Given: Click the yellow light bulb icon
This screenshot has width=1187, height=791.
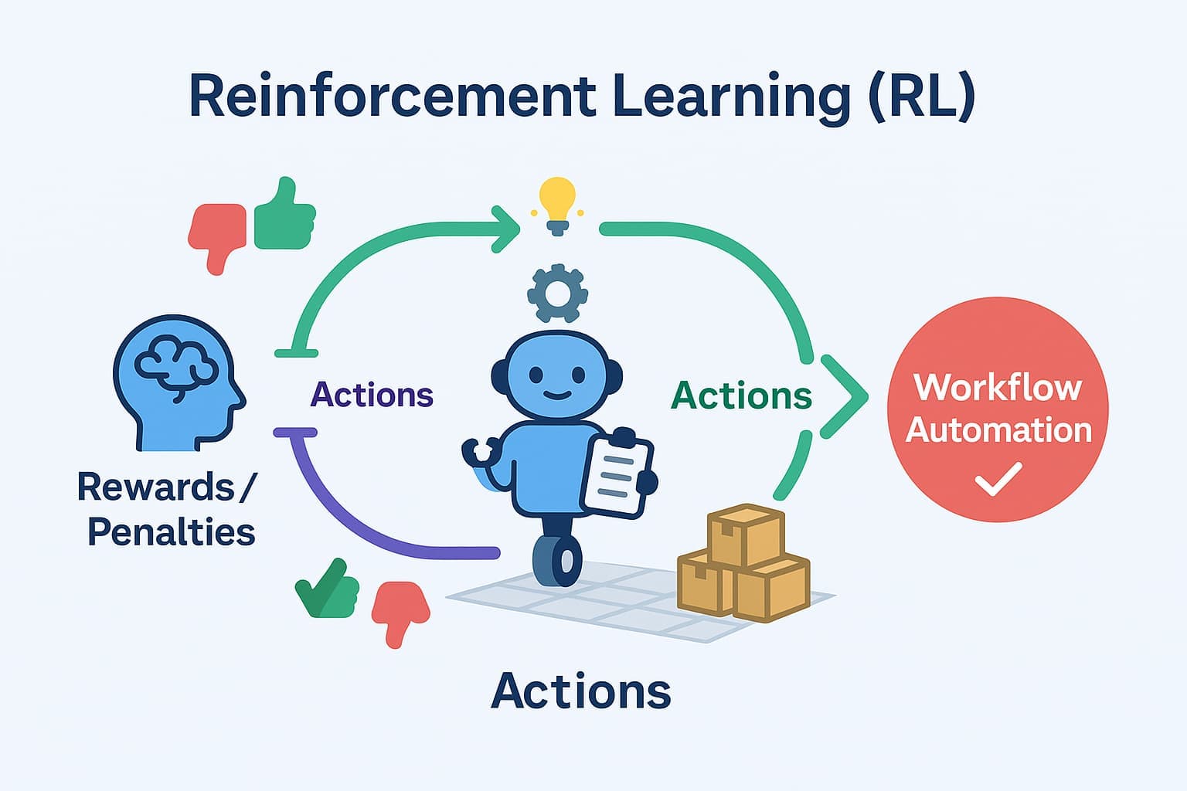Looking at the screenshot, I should [x=557, y=203].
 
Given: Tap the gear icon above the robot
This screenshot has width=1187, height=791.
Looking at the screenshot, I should [x=557, y=294].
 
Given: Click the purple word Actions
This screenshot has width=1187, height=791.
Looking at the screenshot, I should [x=372, y=395].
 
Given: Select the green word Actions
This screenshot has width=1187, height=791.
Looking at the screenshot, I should [x=741, y=395].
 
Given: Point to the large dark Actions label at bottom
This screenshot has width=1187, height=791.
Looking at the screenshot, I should [x=580, y=691].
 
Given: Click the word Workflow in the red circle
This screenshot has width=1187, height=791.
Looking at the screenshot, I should [x=997, y=387].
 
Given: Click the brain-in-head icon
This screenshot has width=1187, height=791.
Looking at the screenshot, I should [x=179, y=383].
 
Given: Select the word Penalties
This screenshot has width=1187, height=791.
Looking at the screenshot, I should [x=171, y=532].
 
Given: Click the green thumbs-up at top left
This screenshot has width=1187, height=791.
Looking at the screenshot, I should [x=284, y=216].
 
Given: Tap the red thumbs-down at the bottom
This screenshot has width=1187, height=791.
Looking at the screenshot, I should [x=400, y=611].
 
